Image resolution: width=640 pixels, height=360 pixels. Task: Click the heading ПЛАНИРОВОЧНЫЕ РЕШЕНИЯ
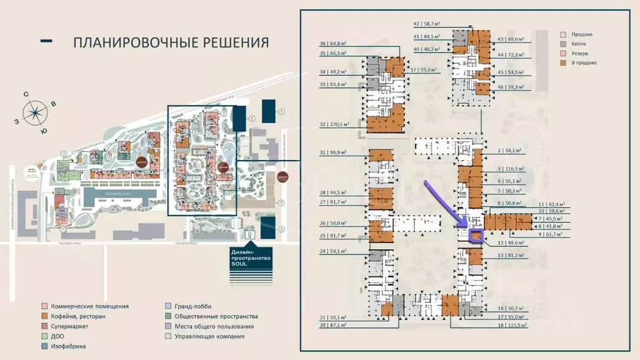171,42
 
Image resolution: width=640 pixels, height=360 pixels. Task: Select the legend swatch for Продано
563,34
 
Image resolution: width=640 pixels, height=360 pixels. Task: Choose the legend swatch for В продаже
563,62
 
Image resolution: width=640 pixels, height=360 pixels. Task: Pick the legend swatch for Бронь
563,44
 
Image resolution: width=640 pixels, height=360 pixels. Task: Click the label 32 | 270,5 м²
341,124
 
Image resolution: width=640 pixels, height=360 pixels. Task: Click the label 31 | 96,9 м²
341,152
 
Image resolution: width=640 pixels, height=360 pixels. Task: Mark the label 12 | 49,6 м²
510,242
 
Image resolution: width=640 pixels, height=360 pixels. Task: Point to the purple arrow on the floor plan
447,204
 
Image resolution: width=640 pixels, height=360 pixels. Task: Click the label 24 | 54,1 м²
341,251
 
